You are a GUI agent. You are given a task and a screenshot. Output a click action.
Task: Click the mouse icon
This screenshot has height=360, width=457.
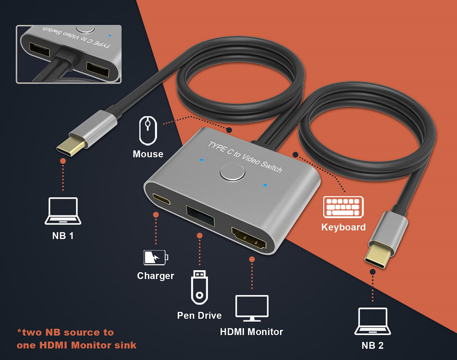coord(148,130)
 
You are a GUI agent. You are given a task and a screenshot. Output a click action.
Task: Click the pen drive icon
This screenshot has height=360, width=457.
coord(199,287)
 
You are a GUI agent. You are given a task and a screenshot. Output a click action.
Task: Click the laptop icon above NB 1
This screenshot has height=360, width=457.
coord(62,211)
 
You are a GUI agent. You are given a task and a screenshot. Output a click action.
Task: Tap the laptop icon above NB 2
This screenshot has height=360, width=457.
coord(373,321)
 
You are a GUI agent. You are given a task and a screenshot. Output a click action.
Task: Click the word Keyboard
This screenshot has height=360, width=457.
coord(343,227)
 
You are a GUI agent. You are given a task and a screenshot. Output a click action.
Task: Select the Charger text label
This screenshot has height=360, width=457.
coord(156,276)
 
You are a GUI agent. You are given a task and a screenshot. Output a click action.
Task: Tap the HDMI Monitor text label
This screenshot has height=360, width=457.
coord(252,332)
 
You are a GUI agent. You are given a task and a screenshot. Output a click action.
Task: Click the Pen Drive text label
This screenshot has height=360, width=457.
coord(199,315)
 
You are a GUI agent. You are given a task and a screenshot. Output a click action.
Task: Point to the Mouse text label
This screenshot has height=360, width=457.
coord(148,154)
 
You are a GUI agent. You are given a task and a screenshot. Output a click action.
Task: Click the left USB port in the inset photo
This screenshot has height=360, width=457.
coord(40,51)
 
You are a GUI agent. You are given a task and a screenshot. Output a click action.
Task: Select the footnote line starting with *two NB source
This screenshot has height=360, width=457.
coord(65,332)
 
